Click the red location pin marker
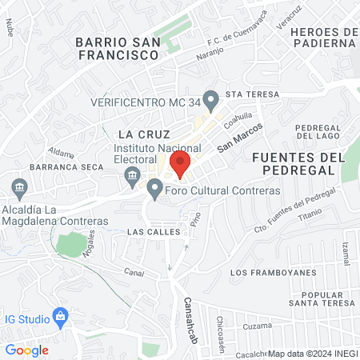tap(180, 163)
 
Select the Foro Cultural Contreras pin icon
tap(155, 189)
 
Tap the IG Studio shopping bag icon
tap(58, 315)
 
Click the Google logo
tap(27, 350)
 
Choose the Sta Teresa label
tap(252, 94)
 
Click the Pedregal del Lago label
tap(319, 134)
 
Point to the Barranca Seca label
tap(58, 166)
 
